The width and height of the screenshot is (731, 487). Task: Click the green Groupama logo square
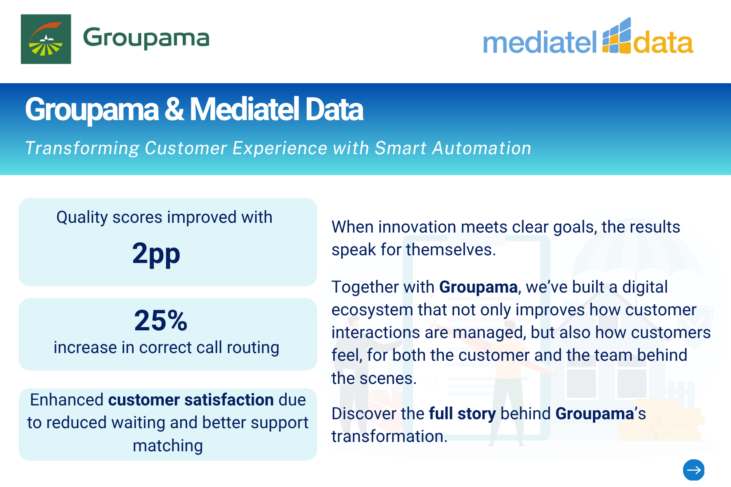tap(46, 39)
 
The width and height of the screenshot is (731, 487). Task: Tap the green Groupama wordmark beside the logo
tap(146, 38)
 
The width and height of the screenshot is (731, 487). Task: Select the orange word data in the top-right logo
tap(663, 43)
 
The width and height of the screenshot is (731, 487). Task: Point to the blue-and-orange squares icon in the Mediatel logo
tap(617, 35)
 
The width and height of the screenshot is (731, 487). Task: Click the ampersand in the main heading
tap(174, 110)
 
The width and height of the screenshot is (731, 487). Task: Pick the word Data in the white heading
tap(334, 110)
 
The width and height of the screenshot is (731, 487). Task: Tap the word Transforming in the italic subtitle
tap(82, 148)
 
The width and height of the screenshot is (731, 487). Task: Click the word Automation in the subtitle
tap(482, 148)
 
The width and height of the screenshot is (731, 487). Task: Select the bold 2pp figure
tap(156, 254)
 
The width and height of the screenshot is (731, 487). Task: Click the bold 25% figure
tap(160, 320)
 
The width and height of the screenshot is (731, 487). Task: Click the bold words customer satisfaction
tap(191, 400)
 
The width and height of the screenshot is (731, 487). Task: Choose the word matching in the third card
tap(168, 446)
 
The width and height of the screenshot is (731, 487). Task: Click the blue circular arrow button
tap(694, 470)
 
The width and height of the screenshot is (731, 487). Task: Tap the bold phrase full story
tap(462, 414)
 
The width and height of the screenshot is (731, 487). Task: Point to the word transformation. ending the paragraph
tap(389, 437)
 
